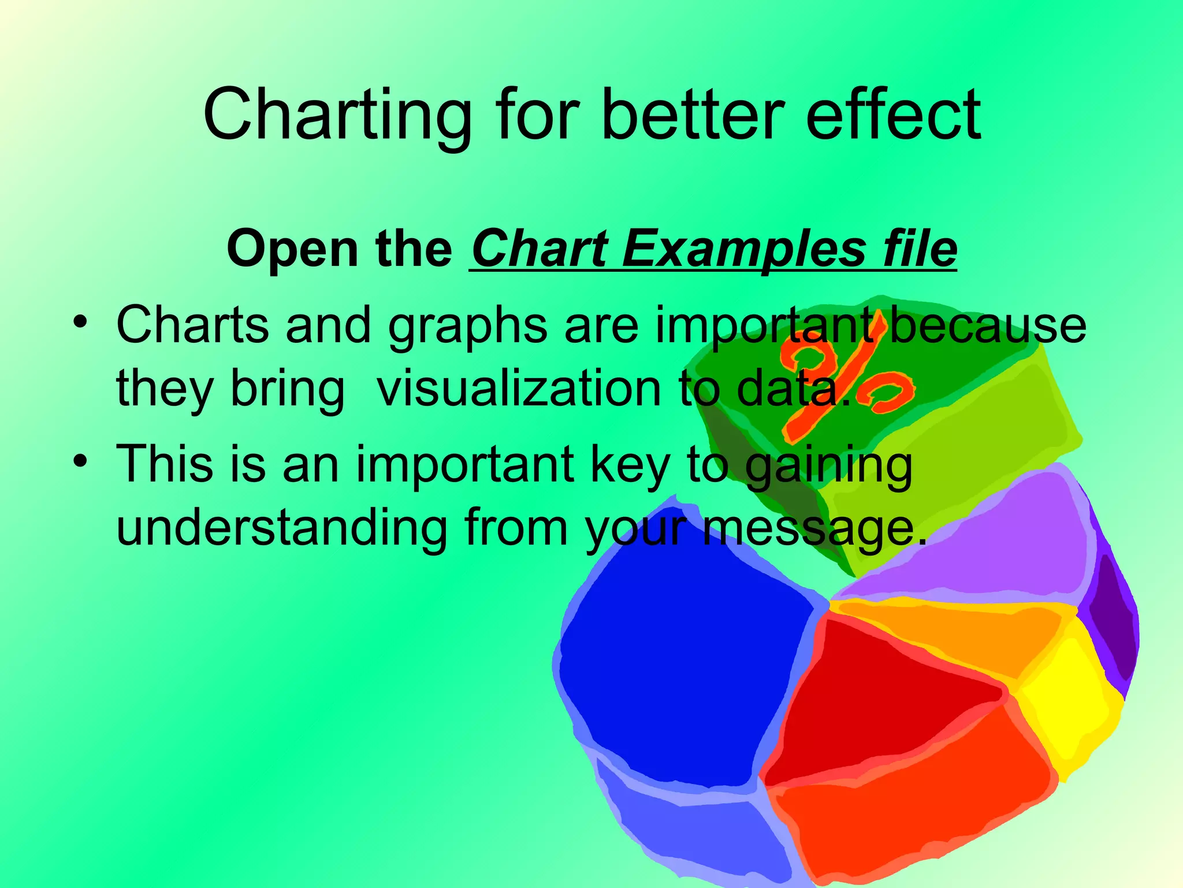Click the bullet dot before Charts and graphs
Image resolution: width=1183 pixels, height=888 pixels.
[x=80, y=321]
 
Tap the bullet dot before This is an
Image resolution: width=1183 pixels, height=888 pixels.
[x=80, y=461]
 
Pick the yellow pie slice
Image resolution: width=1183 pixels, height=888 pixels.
[x=1069, y=700]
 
